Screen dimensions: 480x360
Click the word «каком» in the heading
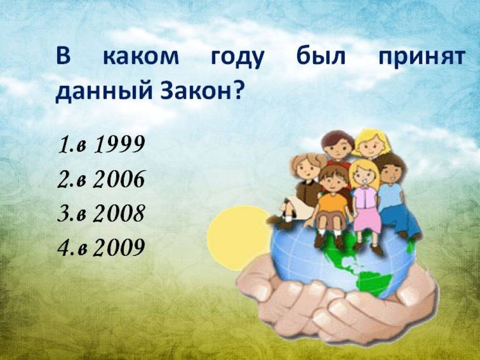tap(141, 57)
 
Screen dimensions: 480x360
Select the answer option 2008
tap(101, 213)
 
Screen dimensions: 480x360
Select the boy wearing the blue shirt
tap(395, 196)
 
